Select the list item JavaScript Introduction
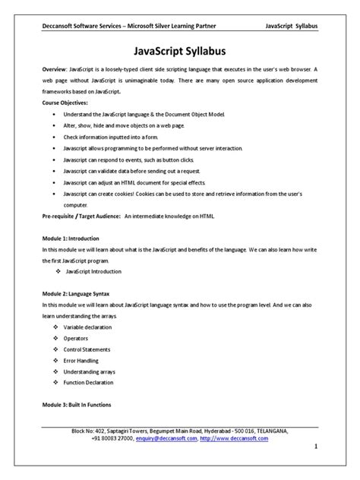[x=99, y=271]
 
